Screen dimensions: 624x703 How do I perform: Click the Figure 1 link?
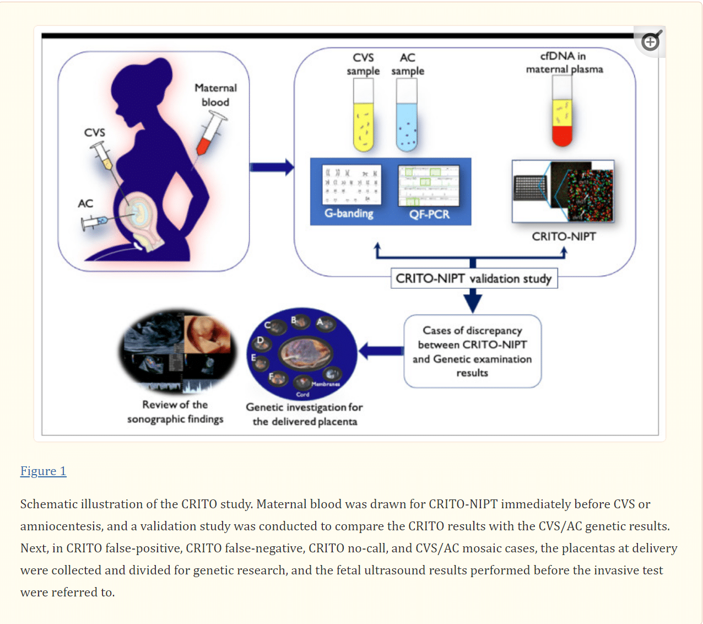pyautogui.click(x=43, y=471)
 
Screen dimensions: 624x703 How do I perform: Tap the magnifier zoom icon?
pyautogui.click(x=651, y=41)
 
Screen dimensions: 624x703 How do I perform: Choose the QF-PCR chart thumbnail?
pyautogui.click(x=429, y=186)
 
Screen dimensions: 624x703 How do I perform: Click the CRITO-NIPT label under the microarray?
pyautogui.click(x=564, y=236)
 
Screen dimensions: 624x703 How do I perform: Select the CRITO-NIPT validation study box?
pyautogui.click(x=473, y=278)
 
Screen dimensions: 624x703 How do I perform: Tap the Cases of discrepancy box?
pyautogui.click(x=472, y=352)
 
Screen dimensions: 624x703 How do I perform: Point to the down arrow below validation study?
pyautogui.click(x=473, y=301)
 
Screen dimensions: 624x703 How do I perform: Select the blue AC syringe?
pyautogui.click(x=94, y=222)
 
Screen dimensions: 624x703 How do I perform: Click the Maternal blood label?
pyautogui.click(x=215, y=95)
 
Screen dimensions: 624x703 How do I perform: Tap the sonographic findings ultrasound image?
pyautogui.click(x=177, y=351)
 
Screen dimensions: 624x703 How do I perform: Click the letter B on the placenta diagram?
pyautogui.click(x=294, y=320)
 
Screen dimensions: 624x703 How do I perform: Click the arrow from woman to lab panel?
pyautogui.click(x=272, y=166)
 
